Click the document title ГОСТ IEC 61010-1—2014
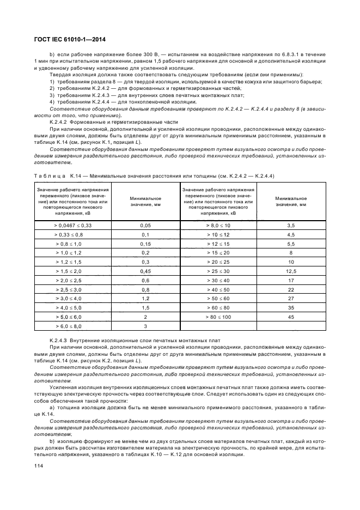(77, 39)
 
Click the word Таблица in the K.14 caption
(50, 175)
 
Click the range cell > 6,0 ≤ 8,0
(72, 326)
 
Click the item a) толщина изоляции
(185, 408)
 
